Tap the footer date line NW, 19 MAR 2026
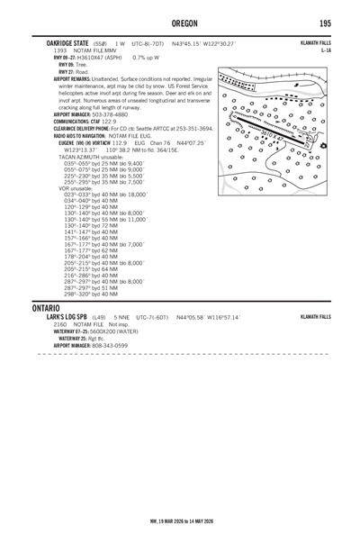click(179, 521)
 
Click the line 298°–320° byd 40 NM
click(91, 294)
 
